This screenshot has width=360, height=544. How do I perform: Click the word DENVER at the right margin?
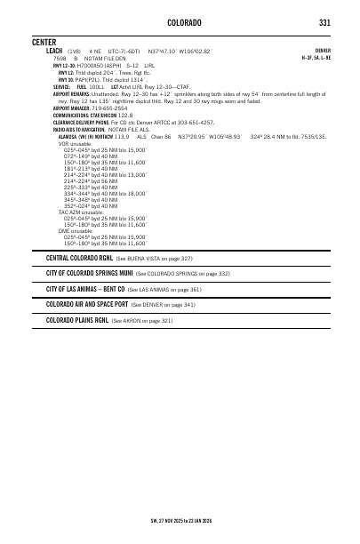pyautogui.click(x=323, y=52)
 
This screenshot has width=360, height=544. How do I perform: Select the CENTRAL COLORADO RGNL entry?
pyautogui.click(x=80, y=258)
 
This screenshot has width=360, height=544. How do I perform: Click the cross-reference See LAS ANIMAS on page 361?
pyautogui.click(x=164, y=289)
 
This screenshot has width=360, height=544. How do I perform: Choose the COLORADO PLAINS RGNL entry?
pyautogui.click(x=77, y=319)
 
